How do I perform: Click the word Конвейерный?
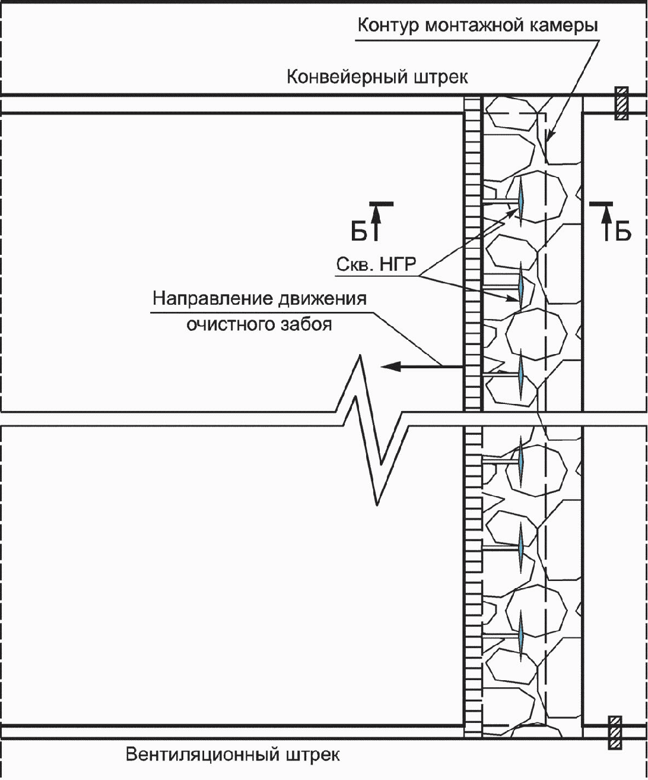pos(347,77)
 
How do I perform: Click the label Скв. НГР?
pos(376,264)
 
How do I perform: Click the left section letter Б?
pos(358,232)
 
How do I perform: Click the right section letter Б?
pos(623,232)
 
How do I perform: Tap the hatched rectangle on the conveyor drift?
pos(621,103)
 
